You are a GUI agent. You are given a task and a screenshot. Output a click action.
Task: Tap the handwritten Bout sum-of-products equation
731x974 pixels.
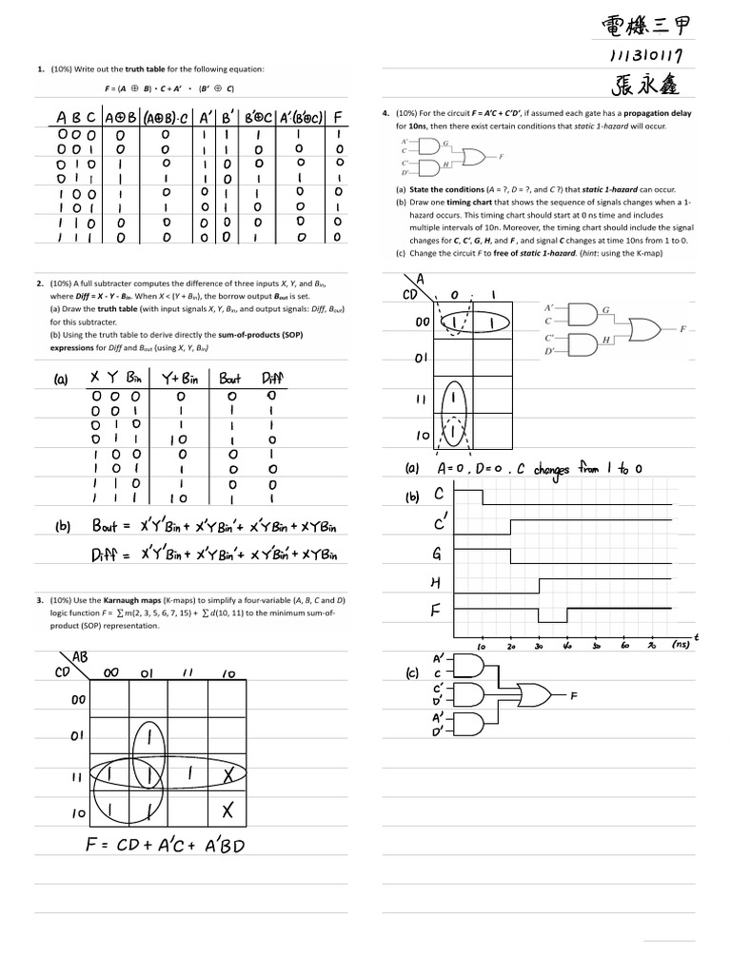215,526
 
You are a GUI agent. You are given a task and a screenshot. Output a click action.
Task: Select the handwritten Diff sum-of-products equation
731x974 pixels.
214,554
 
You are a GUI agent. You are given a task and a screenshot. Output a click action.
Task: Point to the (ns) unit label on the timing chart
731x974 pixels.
680,644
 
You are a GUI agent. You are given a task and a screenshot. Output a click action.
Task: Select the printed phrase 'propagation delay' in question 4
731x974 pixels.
658,113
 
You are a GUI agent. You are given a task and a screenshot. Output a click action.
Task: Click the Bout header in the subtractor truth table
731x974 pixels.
231,379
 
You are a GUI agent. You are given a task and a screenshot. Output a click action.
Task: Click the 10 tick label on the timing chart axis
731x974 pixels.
482,646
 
